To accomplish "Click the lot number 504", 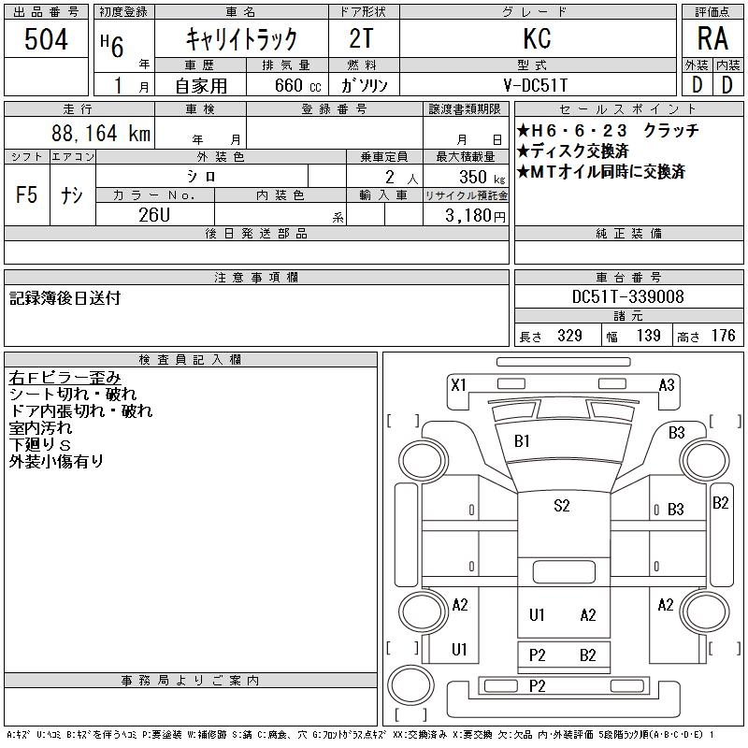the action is pos(47,38).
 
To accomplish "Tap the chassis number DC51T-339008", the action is pos(627,297).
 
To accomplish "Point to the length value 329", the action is pos(564,336).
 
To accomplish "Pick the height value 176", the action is pos(723,336).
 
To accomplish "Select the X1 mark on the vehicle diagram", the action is pos(458,384).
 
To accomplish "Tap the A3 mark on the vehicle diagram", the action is pos(667,384).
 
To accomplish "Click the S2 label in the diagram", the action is pos(561,506).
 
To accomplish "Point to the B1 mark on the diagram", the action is pos(522,440).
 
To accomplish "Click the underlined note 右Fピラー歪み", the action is pos(65,378).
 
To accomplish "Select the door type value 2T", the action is pos(364,38).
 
